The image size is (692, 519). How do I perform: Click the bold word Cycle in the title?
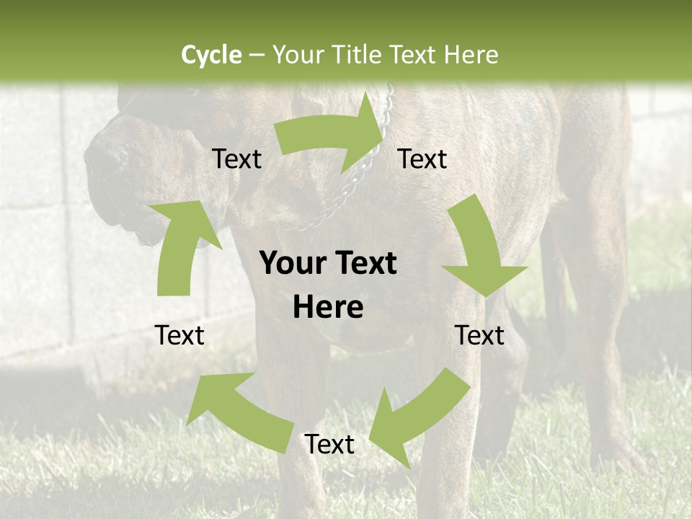pos(211,54)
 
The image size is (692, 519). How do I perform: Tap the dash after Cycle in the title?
pos(257,55)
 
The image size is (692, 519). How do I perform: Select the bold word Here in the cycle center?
pos(328,308)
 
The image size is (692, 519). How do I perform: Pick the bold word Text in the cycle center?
pos(363,264)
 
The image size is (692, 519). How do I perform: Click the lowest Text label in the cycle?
pos(329,445)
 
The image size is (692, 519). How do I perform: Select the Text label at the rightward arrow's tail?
pos(236,159)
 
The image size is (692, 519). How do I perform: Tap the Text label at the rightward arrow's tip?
pos(422,159)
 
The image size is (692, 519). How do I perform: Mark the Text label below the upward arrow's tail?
pos(179,335)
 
